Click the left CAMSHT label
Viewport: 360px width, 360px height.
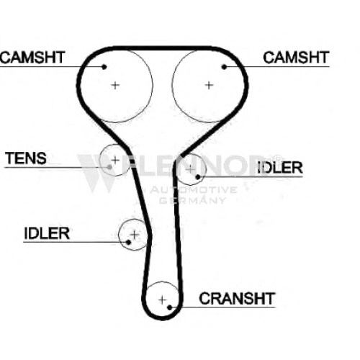point(32,58)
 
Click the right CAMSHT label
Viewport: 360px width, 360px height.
point(296,58)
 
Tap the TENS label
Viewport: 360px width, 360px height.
point(26,158)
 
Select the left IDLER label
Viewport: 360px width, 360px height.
point(47,233)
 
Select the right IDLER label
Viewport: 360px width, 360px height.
point(280,168)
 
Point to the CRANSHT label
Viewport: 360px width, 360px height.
point(237,299)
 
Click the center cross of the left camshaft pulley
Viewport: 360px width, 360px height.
point(115,85)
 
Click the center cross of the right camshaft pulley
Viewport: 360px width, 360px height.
point(209,85)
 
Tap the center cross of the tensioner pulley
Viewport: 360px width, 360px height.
point(115,160)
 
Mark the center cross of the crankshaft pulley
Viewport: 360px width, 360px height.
point(163,300)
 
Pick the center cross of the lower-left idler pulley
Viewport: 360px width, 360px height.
point(135,235)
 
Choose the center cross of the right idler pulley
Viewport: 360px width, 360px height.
point(190,169)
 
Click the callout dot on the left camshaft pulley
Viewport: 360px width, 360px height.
point(104,67)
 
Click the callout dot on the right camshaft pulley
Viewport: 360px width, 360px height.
point(224,67)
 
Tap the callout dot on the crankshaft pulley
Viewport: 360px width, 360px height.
point(169,307)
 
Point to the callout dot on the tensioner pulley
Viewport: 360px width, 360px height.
point(109,167)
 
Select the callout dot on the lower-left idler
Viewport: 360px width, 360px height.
point(128,242)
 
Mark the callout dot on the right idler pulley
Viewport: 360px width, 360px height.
point(198,177)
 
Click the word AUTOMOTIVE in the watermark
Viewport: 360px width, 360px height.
point(194,190)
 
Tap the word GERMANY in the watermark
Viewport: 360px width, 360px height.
point(192,200)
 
